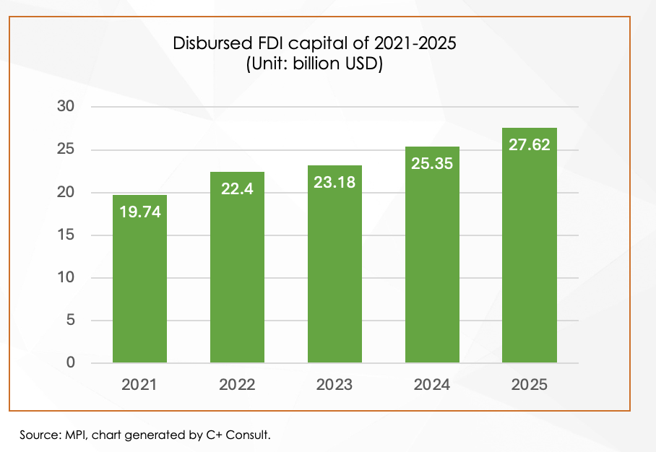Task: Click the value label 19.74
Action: coord(139,212)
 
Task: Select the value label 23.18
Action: coord(335,183)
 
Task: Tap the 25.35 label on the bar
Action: coord(432,164)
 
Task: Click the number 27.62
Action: coord(529,144)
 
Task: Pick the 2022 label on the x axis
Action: coord(237,385)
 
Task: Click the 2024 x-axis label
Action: coord(432,385)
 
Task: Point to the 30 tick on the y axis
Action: coord(66,107)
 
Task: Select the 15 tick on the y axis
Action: coord(66,235)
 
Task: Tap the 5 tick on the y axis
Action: coord(70,321)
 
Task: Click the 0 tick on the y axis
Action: coord(70,363)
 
